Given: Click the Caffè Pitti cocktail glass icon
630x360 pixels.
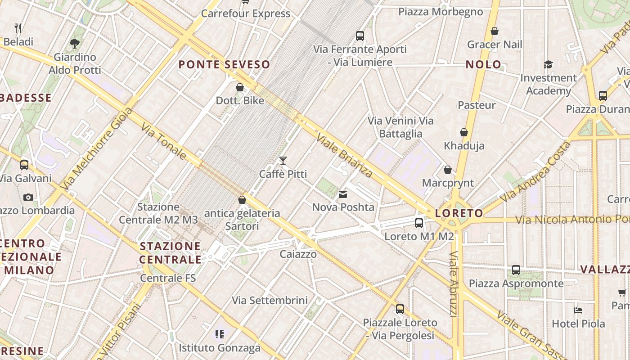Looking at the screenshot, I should pos(283,161).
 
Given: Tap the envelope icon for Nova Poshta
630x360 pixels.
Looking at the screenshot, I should pos(343,194).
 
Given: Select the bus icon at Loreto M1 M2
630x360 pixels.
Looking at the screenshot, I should pos(419,223).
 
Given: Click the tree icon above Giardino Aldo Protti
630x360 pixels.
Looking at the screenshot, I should pos(75,44).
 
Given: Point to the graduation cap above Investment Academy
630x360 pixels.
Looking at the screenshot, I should pos(548,65).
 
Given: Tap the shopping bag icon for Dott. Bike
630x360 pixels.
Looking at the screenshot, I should pos(240,87).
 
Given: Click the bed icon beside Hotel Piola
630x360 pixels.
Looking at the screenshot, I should pos(578,310).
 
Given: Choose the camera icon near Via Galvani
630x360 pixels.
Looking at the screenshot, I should pos(28,197).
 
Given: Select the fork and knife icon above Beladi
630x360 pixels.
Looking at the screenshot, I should pos(18,28).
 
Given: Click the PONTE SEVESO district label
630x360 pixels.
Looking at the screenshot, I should pos(224,65).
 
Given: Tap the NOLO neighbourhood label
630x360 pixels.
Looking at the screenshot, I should pos(483,65).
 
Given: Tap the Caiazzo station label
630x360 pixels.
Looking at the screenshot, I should pos(298,254).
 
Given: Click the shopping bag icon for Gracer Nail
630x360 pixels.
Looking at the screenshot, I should pos(495,31).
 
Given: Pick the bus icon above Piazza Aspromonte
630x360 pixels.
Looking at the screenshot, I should pos(516,270).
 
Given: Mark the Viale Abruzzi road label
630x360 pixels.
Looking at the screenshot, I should pos(454,283).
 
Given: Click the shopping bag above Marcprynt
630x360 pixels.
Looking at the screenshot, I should pos(447,170).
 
